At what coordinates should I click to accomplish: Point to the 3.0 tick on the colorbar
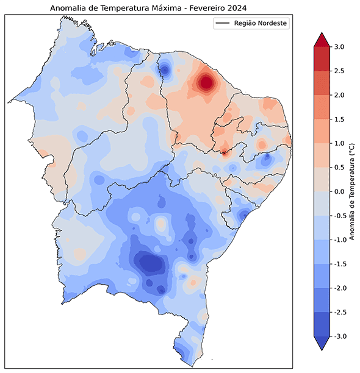(x=339, y=47)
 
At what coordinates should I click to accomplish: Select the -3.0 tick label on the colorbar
(x=339, y=336)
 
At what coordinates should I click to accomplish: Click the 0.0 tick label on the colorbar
(x=339, y=191)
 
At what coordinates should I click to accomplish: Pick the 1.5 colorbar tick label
(x=339, y=119)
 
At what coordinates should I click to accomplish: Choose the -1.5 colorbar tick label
(x=339, y=264)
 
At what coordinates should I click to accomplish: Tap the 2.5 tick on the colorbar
(x=339, y=71)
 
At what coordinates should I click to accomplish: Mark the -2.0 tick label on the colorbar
(x=339, y=288)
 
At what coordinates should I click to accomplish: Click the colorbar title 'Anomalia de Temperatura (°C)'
(x=353, y=191)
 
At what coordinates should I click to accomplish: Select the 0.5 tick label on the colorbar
(x=339, y=168)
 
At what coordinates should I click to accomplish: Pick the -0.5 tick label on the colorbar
(x=339, y=216)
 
